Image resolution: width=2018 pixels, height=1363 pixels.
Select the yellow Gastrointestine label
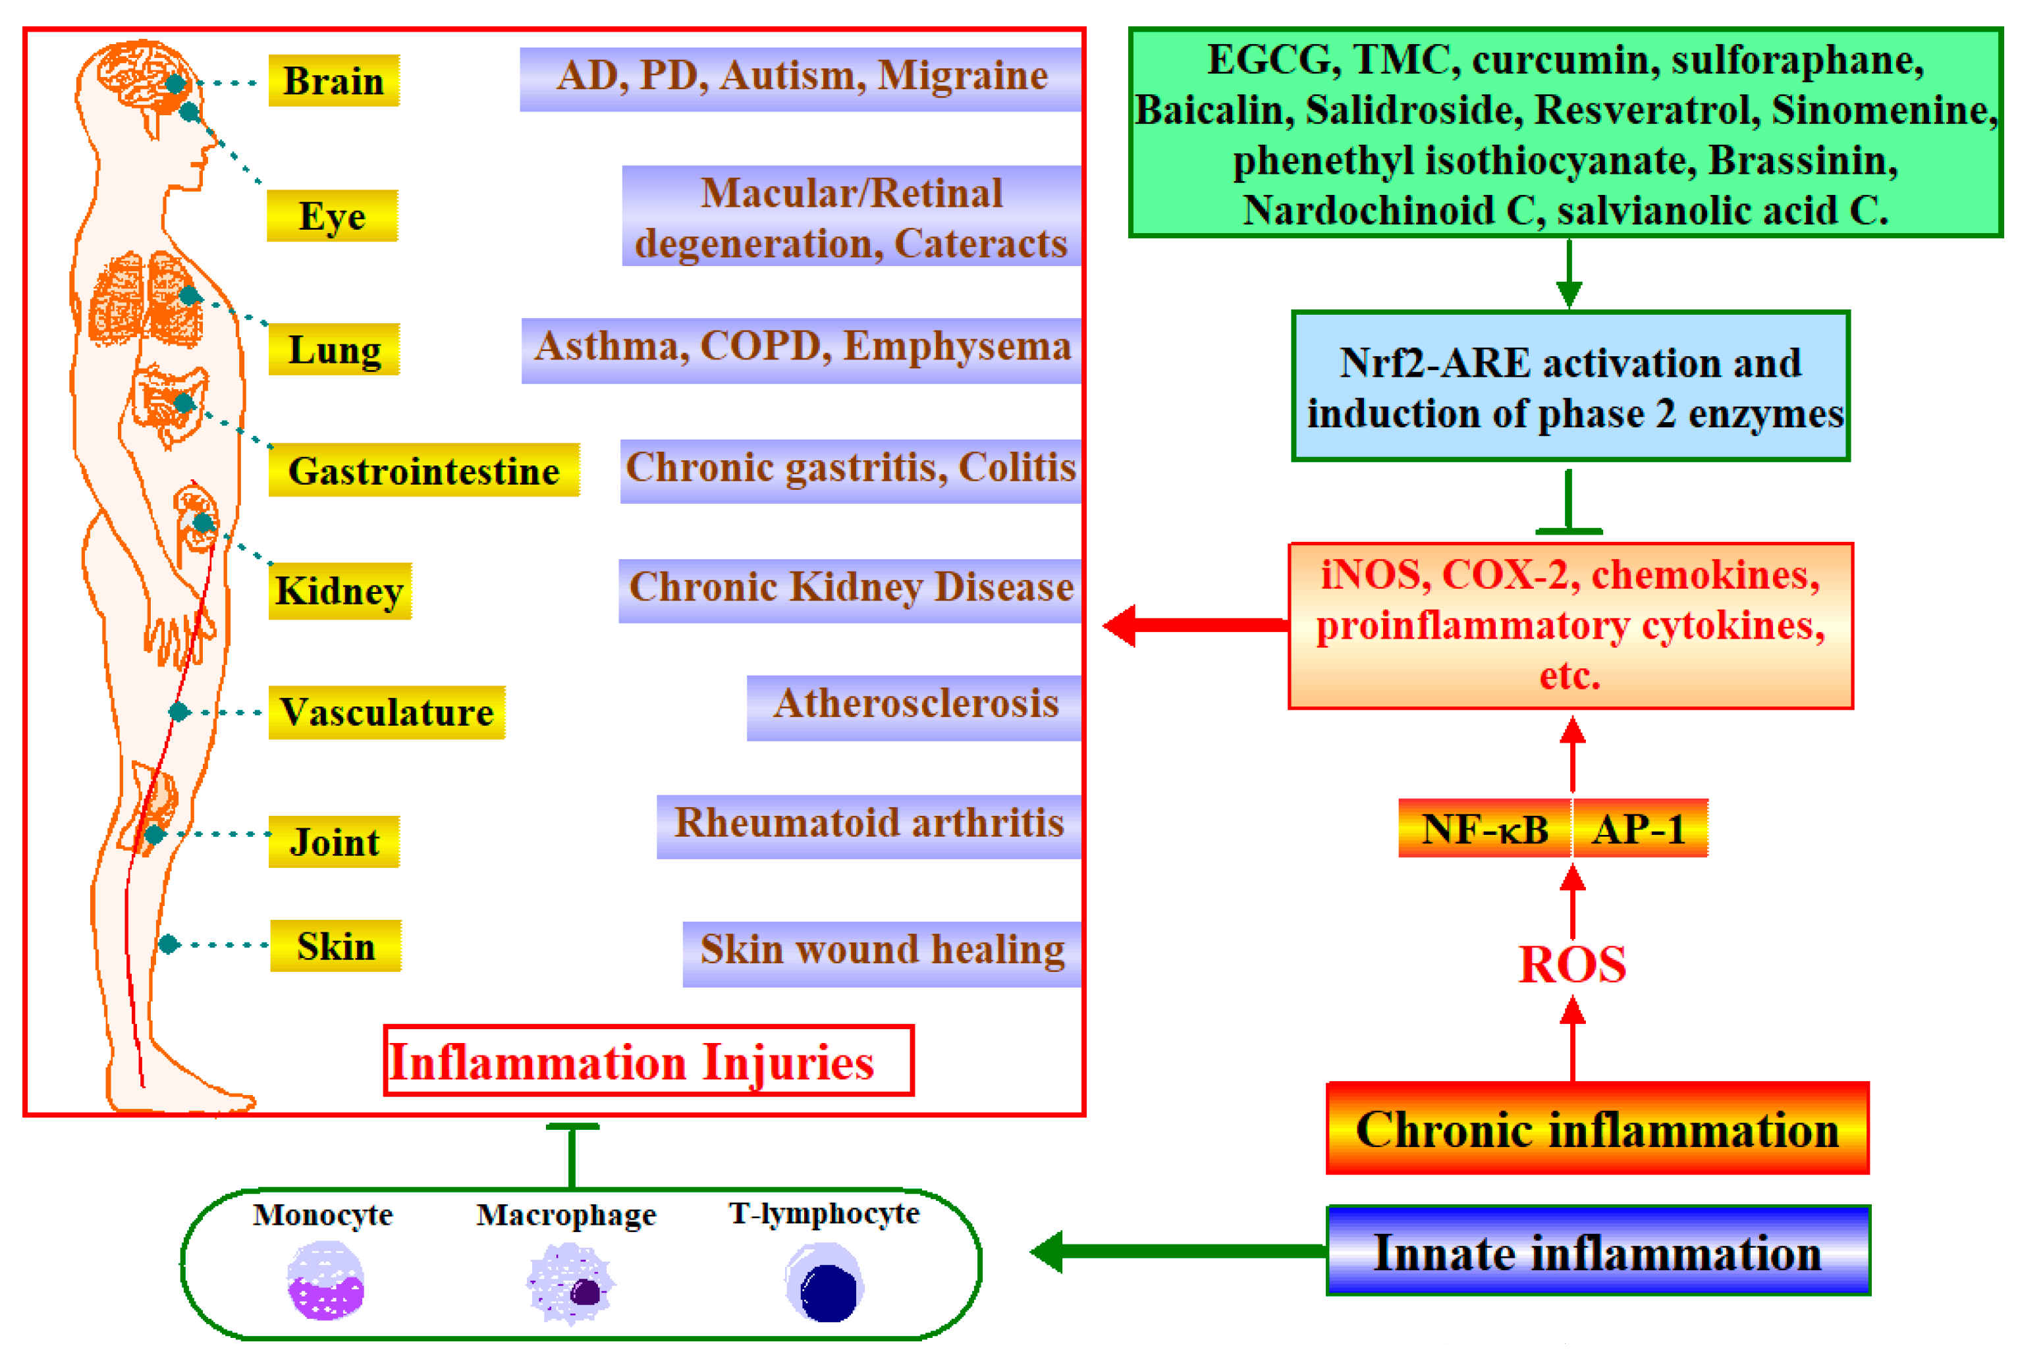coord(423,471)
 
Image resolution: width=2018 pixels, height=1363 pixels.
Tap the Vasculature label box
coord(387,712)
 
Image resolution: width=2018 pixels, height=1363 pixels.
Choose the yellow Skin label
coord(335,946)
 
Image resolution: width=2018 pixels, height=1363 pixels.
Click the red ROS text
coord(1571,965)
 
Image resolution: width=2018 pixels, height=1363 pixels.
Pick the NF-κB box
coord(1484,829)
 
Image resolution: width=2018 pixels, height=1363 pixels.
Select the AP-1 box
coord(1639,829)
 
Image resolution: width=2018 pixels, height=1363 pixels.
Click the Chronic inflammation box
coord(1597,1129)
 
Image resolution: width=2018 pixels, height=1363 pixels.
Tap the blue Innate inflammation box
coord(1597,1252)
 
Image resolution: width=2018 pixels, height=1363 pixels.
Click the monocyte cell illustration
coord(325,1281)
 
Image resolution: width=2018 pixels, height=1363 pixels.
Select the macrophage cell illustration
coord(570,1284)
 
